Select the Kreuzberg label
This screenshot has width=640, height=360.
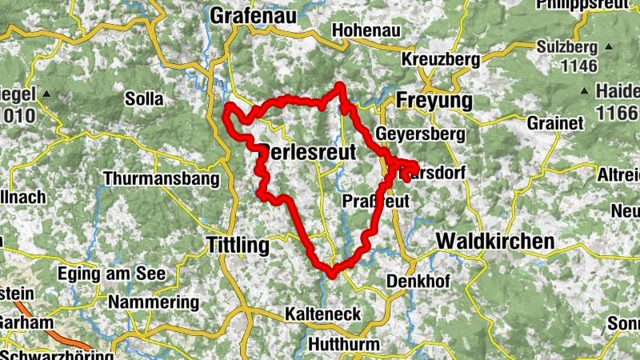coord(441,60)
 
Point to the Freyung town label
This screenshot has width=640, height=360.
coord(434,102)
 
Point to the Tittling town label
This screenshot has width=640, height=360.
coord(238,245)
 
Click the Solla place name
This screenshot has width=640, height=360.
coord(144,99)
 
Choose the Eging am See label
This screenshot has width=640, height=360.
coord(111,274)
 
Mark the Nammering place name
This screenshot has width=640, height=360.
coord(153,302)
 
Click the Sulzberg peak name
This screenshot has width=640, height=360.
coord(570,46)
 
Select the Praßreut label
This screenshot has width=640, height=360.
coord(374,201)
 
